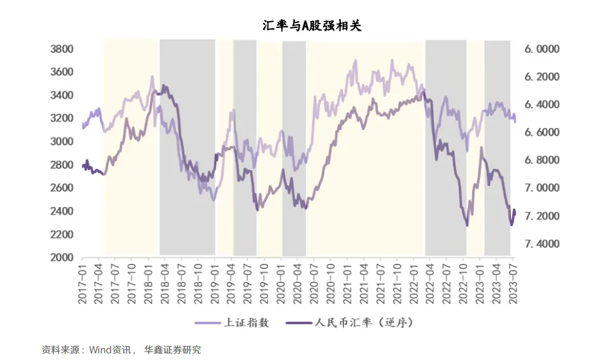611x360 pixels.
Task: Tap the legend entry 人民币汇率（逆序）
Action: [364, 322]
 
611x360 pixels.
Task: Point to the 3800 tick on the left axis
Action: [62, 49]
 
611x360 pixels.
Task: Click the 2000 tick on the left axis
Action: [62, 257]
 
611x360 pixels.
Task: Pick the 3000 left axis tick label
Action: [62, 141]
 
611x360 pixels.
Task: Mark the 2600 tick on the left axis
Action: [62, 188]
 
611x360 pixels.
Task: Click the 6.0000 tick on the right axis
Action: [542, 49]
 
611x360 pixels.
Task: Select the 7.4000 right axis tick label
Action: [542, 244]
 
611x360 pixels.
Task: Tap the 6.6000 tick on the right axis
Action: [542, 133]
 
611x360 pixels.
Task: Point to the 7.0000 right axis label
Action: [542, 188]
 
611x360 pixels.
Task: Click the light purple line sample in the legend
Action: [207, 323]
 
